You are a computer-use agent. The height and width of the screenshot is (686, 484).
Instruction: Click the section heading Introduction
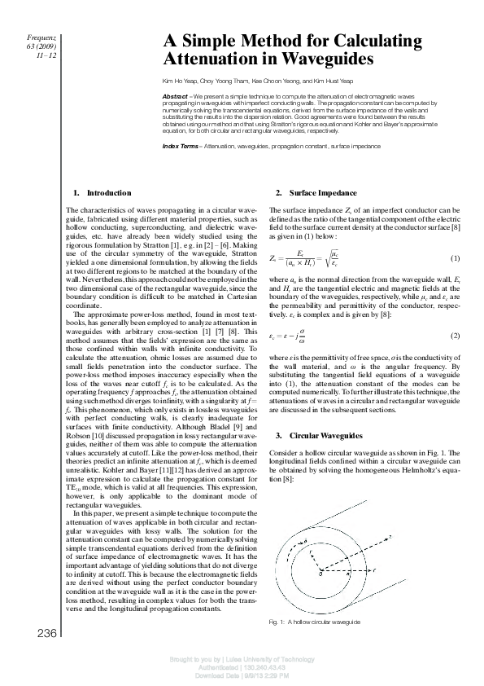[108, 193]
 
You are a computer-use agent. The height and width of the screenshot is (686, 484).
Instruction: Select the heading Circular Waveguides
[317, 437]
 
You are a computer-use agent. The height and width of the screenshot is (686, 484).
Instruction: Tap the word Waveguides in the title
[324, 59]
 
